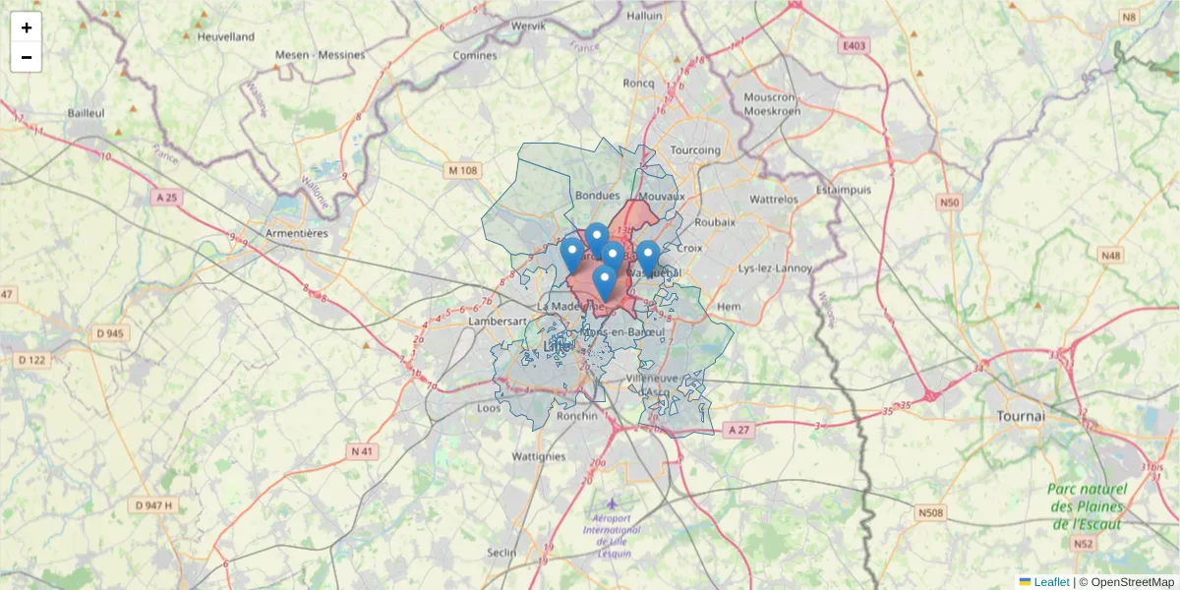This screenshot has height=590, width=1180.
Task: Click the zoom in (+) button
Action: click(x=27, y=28)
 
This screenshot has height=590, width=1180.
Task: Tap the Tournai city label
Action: click(x=1020, y=416)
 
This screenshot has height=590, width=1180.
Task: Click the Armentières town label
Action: click(x=296, y=233)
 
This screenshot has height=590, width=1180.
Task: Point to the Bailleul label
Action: click(x=87, y=113)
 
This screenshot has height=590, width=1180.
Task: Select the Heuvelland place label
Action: click(x=225, y=36)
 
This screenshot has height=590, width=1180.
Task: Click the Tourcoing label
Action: click(x=694, y=150)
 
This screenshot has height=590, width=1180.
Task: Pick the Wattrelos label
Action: click(x=774, y=199)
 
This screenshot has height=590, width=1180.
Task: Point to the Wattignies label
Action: click(x=539, y=456)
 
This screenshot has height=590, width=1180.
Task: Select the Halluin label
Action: click(x=645, y=16)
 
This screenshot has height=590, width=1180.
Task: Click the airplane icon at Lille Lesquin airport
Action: click(x=613, y=503)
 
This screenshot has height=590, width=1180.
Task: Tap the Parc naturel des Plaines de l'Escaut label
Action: click(x=1086, y=505)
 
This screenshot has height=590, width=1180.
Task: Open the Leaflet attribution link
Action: click(x=1051, y=582)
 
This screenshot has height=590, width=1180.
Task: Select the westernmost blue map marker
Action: click(x=571, y=254)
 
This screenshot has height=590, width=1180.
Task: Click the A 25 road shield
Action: click(x=168, y=198)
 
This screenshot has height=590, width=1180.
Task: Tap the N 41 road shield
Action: click(x=363, y=451)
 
